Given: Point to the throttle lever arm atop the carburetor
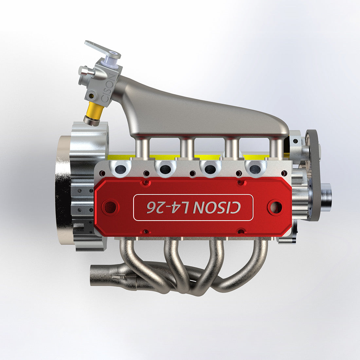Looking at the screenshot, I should [99, 49].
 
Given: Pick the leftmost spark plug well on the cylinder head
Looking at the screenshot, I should [121, 169].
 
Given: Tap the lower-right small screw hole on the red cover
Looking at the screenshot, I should [241, 231].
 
